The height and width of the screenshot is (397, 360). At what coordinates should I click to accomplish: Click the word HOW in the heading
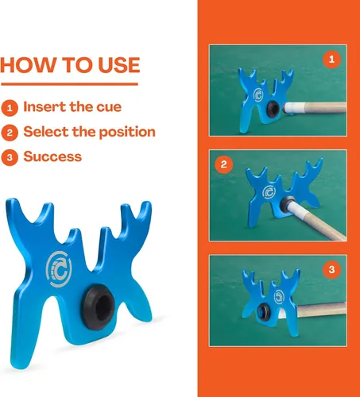29,65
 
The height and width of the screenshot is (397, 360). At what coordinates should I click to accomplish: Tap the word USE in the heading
118,65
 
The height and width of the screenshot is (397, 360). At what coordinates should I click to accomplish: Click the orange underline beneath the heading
69,84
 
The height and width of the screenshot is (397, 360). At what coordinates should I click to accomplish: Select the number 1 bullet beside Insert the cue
10,108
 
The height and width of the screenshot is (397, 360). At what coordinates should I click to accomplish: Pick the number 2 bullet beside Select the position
10,133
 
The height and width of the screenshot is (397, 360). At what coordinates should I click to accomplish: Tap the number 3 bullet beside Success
10,157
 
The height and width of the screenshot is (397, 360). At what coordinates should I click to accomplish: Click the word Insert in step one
45,106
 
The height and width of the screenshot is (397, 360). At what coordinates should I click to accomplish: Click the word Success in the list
52,156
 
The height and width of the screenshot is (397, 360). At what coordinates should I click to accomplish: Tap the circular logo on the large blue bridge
59,269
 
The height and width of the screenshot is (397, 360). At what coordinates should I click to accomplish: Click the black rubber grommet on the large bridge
98,307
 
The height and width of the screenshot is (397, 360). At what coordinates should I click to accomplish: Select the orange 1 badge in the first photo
331,59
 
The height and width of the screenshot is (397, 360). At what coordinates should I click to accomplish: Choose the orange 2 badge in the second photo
224,164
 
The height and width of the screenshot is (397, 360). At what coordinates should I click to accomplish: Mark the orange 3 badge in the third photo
331,269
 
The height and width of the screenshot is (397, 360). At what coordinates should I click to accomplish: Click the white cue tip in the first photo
288,108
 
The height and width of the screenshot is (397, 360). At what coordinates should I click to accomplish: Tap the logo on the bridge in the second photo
269,191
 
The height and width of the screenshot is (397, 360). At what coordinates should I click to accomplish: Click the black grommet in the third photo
264,311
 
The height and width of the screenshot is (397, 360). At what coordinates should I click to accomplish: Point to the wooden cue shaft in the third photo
321,310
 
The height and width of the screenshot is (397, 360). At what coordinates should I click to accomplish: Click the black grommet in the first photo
273,108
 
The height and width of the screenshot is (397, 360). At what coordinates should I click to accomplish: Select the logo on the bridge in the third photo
279,297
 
